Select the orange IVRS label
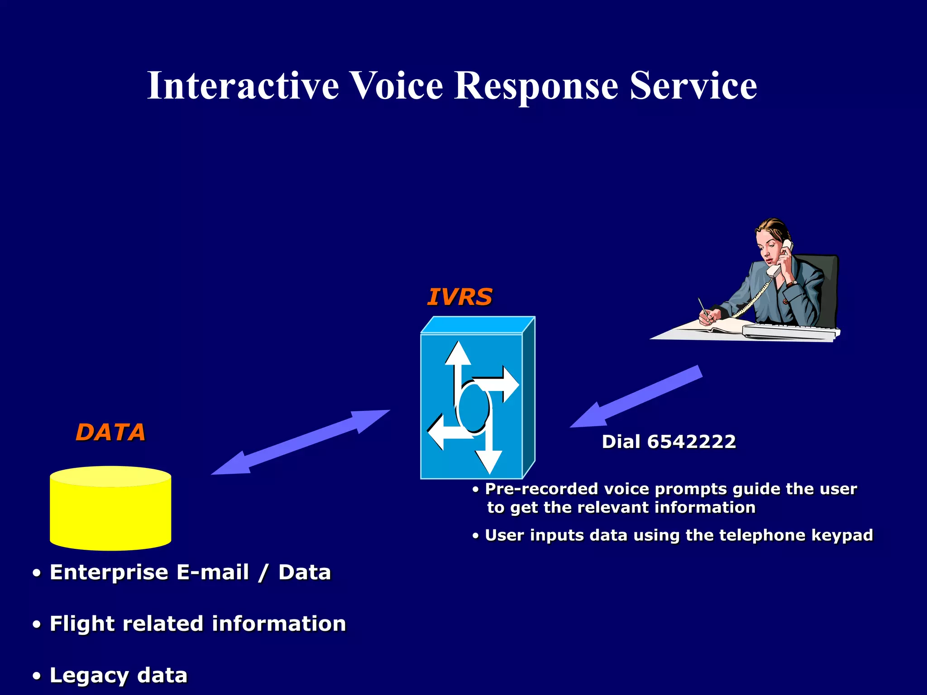click(459, 297)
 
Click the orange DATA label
click(110, 432)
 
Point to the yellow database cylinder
click(110, 509)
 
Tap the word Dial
click(621, 442)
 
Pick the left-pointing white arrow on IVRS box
click(444, 432)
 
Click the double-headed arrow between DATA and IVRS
click(301, 443)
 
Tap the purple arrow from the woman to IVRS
click(636, 397)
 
